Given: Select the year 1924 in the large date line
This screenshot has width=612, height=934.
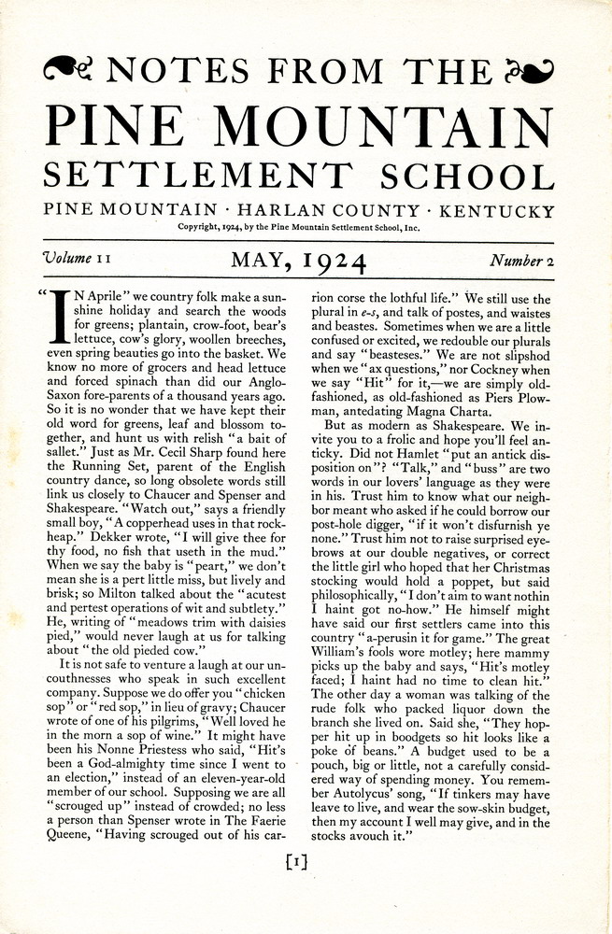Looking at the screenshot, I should point(328,260).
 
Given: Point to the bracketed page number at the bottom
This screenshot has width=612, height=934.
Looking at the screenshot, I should point(298,862).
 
